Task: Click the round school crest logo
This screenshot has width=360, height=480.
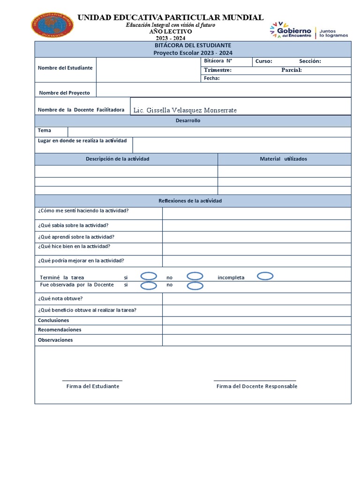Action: coord(52,25)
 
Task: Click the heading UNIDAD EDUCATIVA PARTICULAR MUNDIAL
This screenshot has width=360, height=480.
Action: coord(170,17)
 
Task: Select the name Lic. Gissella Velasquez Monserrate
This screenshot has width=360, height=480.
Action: coord(185,110)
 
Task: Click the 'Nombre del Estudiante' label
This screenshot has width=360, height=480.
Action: coord(65,67)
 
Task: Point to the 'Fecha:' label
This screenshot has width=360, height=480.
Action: coord(211,78)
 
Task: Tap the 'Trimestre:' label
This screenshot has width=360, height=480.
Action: coord(217,70)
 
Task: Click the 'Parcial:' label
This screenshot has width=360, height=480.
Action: coord(291,70)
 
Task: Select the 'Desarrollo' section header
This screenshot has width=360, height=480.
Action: coord(187,120)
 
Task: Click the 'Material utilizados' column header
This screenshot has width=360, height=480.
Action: coord(284,159)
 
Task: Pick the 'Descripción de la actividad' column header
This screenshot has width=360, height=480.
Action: coord(117,159)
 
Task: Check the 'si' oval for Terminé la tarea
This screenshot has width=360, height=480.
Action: coord(149,276)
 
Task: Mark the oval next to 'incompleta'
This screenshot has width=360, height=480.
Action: coord(265,276)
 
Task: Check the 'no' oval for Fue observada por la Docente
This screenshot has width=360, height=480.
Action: coord(195,285)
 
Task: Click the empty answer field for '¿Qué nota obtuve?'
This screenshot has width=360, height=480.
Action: coord(256,299)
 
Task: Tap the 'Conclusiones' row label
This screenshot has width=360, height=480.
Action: coord(53,320)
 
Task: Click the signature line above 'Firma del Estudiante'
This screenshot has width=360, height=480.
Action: coord(92,380)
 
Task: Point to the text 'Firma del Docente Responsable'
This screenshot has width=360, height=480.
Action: coord(256,386)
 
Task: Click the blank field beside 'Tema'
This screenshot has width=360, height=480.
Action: coord(209,131)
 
